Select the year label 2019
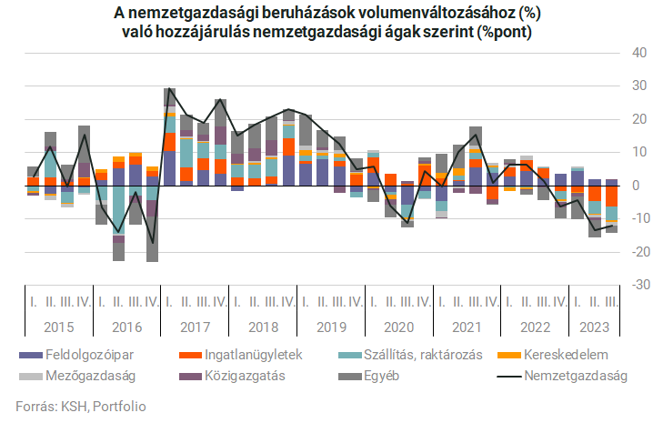point(326,325)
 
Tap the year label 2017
point(194,325)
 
